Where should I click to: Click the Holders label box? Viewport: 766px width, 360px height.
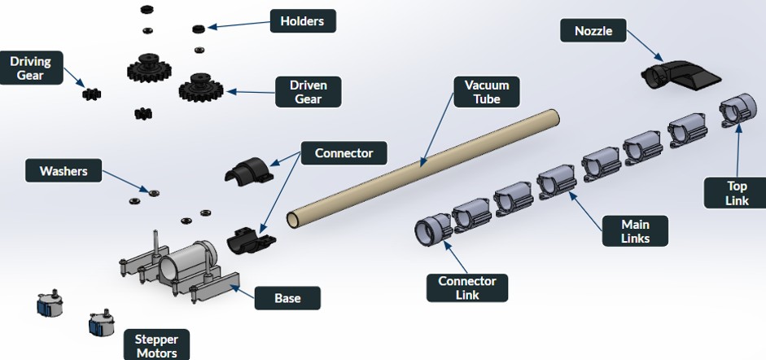[x=303, y=20]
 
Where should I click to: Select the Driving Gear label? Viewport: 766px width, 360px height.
[x=30, y=68]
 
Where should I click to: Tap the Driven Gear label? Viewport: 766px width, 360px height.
[x=308, y=91]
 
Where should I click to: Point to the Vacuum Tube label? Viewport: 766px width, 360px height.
[x=487, y=92]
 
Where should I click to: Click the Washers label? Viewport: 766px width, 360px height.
[x=63, y=171]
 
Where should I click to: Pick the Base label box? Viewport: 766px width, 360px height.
[x=287, y=298]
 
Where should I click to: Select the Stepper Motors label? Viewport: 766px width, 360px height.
[x=157, y=344]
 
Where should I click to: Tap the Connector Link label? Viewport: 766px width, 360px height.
[x=467, y=288]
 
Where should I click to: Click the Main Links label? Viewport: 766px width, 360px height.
[x=635, y=230]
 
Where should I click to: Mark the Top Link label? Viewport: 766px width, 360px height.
[x=736, y=192]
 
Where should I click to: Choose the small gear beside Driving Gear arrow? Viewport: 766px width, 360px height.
[x=92, y=94]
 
